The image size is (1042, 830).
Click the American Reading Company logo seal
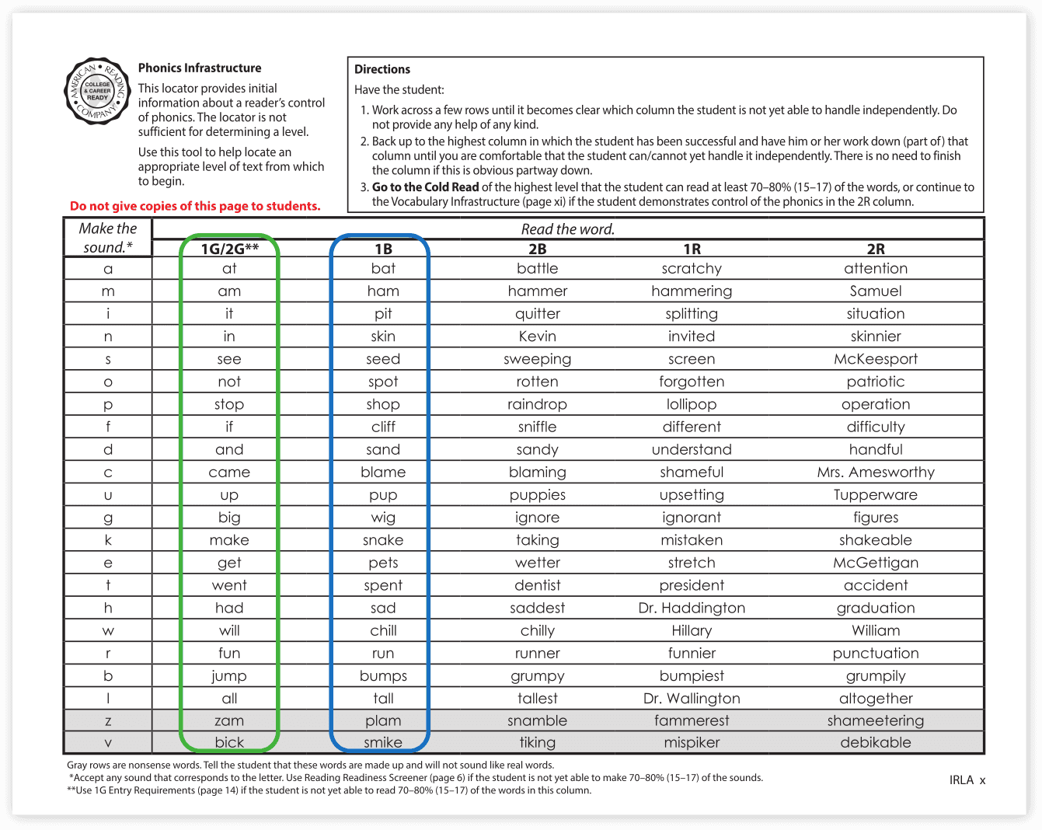(98, 91)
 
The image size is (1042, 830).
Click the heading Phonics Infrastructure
(200, 68)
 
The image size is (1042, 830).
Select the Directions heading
(382, 69)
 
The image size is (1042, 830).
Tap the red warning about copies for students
(195, 206)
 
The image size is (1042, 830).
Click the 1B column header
(383, 249)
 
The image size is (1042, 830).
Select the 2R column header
(875, 249)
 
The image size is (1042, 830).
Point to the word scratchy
(692, 269)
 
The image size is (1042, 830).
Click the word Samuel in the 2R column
(875, 291)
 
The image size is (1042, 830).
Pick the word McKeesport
(875, 359)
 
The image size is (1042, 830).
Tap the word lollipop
(692, 405)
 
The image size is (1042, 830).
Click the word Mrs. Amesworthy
(875, 473)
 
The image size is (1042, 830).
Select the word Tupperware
(875, 495)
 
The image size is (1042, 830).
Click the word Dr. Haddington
(692, 609)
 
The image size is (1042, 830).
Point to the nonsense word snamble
(537, 721)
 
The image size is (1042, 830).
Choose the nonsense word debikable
(875, 743)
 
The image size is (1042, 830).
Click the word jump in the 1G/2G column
(229, 676)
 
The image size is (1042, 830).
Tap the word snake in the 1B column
(383, 540)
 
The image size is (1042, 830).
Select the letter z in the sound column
(108, 721)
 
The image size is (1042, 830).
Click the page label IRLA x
(967, 780)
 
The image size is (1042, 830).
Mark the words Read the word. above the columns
(567, 229)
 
